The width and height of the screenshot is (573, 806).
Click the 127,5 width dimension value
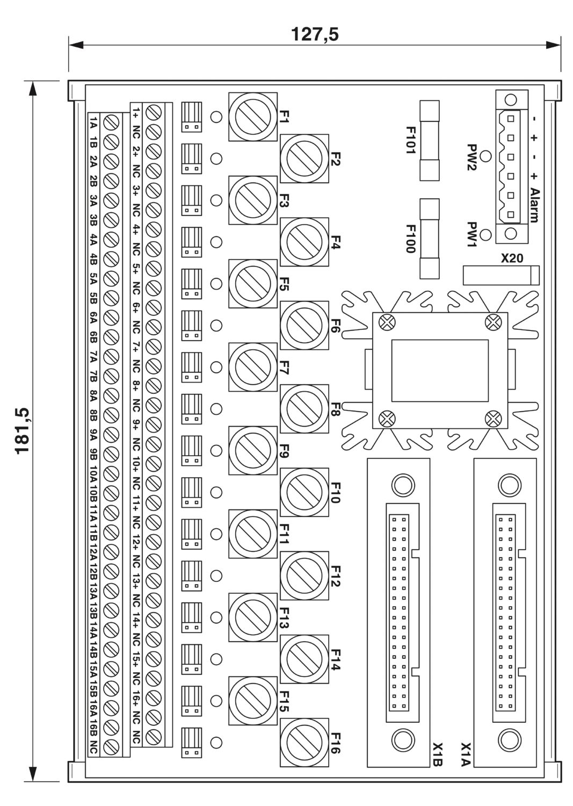point(314,35)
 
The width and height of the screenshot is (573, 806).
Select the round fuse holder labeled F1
point(252,116)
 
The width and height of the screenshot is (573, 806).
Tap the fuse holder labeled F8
point(304,408)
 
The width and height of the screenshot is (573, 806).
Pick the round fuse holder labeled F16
point(304,742)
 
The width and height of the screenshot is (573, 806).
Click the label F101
point(410,140)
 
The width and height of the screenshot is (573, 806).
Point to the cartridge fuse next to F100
point(430,239)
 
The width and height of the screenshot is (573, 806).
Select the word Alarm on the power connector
point(534,205)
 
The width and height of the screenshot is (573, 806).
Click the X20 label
point(512,258)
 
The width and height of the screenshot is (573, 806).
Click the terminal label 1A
point(93,123)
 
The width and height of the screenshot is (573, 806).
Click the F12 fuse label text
point(335,576)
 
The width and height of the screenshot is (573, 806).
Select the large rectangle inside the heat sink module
point(440,371)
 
